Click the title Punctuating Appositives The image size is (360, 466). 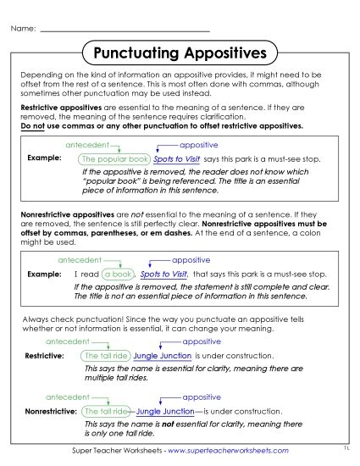click(180, 54)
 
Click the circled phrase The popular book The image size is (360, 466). click(114, 158)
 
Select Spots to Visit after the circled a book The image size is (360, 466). click(163, 275)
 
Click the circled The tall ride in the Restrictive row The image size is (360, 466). click(106, 356)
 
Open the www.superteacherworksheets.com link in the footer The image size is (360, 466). click(229, 451)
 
